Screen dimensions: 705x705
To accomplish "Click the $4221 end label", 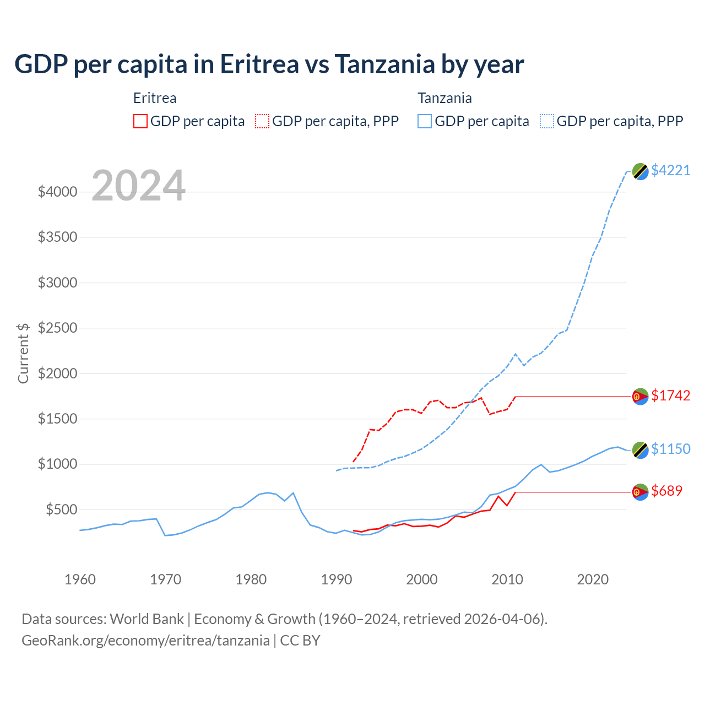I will tap(670, 170).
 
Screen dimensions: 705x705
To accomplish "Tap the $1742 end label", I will tap(670, 395).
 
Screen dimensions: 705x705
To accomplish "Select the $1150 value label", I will tap(670, 449).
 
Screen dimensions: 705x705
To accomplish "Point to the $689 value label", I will tap(666, 491).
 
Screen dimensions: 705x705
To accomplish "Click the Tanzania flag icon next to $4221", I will tap(640, 171).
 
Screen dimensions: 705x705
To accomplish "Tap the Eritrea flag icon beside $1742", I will tap(640, 396).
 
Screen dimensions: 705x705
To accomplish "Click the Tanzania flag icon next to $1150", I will tap(640, 450).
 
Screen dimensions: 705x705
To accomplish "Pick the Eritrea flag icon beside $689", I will tap(640, 492).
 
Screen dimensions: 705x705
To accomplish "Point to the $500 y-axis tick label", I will tap(61, 509).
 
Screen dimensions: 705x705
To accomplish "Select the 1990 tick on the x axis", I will tap(337, 579).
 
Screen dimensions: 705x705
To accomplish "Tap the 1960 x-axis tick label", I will tap(80, 579).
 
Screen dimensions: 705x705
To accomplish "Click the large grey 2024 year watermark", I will tap(138, 186).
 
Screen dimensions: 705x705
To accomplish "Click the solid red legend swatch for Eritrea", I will tap(140, 121).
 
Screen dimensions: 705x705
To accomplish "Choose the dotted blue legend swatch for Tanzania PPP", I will tap(547, 121).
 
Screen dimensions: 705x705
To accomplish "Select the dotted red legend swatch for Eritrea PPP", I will tap(262, 121).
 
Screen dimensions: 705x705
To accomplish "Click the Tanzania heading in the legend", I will tap(444, 98).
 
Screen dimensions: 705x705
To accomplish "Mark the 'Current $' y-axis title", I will tap(23, 353).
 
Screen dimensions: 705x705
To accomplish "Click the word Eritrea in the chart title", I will tap(259, 64).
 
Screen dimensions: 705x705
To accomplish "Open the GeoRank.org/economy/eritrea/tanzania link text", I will tap(145, 641).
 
